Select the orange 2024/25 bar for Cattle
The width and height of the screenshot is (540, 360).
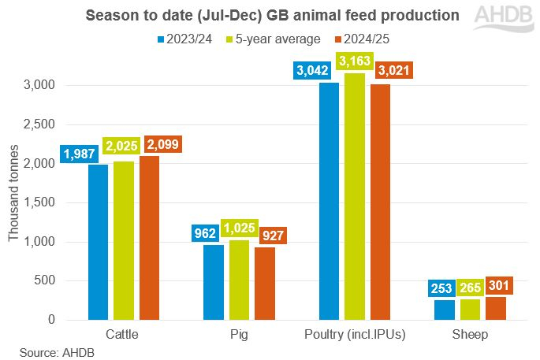pyautogui.click(x=149, y=237)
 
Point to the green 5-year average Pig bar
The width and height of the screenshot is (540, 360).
pyautogui.click(x=240, y=280)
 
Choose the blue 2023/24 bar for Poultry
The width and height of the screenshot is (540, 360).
pyautogui.click(x=330, y=201)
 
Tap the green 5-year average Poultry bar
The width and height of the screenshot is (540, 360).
pyautogui.click(x=355, y=196)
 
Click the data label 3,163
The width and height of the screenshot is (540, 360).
pyautogui.click(x=355, y=61)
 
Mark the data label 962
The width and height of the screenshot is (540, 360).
pyautogui.click(x=214, y=234)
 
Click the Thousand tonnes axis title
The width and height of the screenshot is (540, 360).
pyautogui.click(x=13, y=202)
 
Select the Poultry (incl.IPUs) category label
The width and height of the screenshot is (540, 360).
pyautogui.click(x=355, y=335)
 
